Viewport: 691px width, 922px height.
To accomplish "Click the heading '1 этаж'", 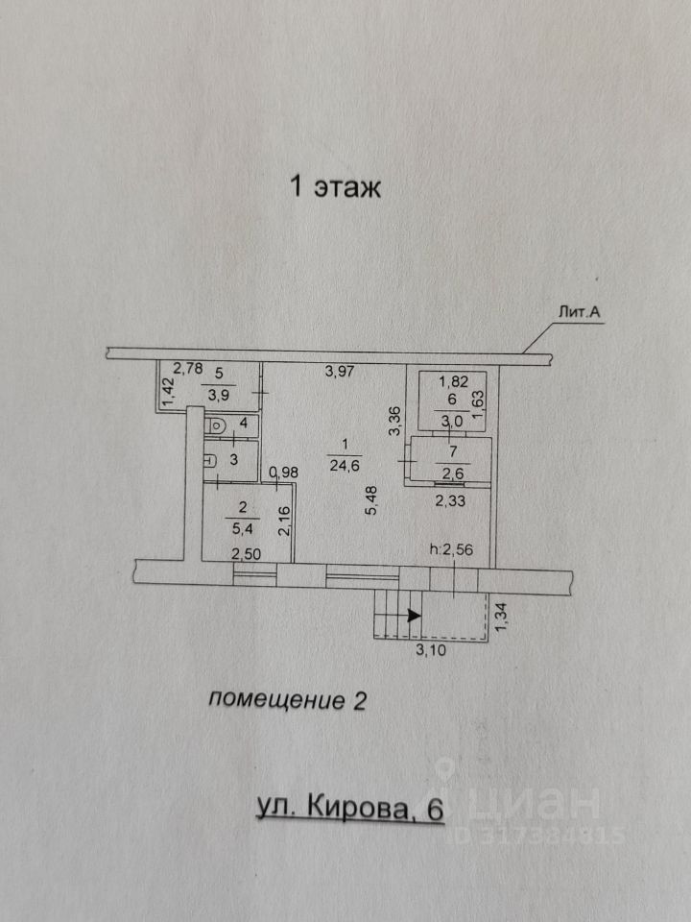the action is coord(336,187).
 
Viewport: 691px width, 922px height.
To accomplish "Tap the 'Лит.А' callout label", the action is coord(579,313).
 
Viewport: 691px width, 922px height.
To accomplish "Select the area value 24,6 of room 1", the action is coord(345,467).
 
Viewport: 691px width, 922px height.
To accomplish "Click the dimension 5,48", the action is coord(371,499).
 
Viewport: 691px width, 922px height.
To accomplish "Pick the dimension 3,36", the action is coord(395,421).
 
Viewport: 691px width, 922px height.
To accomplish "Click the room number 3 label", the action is coord(233,460).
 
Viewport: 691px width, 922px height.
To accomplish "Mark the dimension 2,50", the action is coord(247,554).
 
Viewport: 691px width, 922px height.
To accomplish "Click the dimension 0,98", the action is coord(284,472).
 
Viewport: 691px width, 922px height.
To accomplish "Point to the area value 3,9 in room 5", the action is coord(219,395).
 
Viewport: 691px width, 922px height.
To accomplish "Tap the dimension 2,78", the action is coord(187,369).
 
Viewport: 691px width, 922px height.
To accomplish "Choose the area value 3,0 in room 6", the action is coord(452,420).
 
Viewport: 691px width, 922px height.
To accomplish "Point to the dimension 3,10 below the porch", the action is coord(431,650).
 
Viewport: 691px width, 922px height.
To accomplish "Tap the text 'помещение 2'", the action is coord(287,700).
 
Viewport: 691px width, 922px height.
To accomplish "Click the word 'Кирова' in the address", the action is coord(357,810).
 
